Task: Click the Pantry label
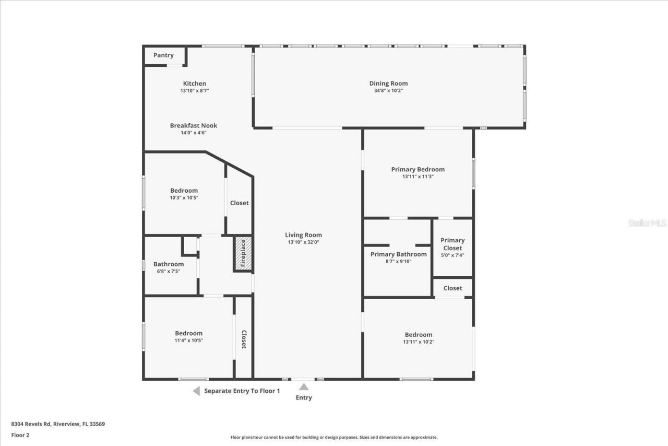pos(163,55)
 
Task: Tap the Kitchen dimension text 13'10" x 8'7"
pos(194,90)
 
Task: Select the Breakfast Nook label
pos(194,125)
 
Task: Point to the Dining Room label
pos(388,84)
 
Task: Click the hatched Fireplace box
pos(243,253)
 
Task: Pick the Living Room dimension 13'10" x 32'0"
pos(303,242)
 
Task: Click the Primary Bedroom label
pos(417,169)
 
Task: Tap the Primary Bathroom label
pos(398,254)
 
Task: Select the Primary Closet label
pos(452,244)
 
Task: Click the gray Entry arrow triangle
pos(304,387)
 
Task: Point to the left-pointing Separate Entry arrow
pos(196,391)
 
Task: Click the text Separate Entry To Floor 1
pos(242,391)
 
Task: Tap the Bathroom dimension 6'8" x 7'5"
pos(169,271)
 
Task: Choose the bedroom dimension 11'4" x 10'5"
pos(188,341)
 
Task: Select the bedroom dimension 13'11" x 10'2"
pos(418,342)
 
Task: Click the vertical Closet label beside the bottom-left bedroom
pos(244,339)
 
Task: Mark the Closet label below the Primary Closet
pos(452,288)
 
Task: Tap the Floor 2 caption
pos(21,435)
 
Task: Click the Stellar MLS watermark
pos(647,223)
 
